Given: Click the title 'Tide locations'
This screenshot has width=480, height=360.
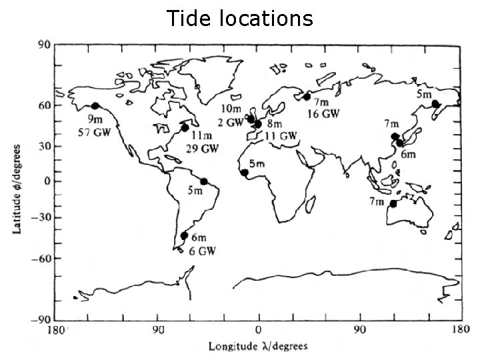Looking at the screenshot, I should (x=240, y=18).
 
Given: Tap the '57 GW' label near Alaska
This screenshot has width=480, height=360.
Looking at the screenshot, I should (x=97, y=132).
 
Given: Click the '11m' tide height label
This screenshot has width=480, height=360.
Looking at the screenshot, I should (x=201, y=135).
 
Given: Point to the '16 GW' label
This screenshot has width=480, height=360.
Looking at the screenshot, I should (x=323, y=114).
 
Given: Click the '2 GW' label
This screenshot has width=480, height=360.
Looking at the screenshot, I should (x=230, y=123).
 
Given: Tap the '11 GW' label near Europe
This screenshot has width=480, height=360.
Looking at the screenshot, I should (x=281, y=136).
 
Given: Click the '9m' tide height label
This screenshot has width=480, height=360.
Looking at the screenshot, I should (x=95, y=119).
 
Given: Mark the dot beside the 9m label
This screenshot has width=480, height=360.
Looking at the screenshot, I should (x=95, y=106).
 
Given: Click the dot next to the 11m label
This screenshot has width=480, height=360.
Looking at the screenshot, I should (x=185, y=127).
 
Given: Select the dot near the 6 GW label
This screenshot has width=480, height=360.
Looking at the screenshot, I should (x=184, y=235).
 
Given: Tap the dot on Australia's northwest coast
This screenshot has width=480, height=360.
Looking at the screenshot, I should (x=393, y=203).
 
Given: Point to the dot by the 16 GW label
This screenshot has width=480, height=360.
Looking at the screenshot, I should (x=307, y=97).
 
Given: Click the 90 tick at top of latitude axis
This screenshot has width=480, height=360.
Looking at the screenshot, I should (x=44, y=45).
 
